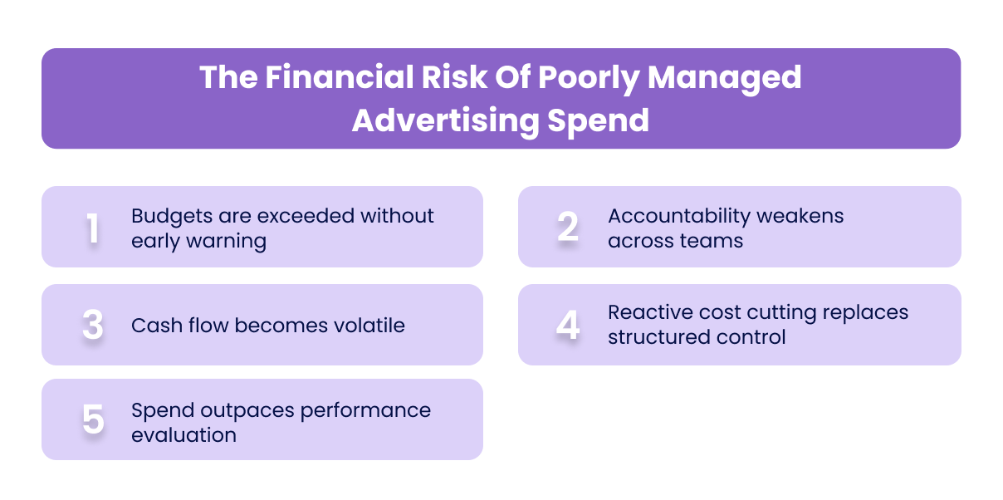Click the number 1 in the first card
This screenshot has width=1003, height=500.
click(x=93, y=228)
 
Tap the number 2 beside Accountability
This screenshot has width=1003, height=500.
click(x=568, y=228)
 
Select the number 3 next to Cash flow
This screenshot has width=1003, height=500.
click(x=93, y=326)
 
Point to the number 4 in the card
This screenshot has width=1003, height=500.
click(x=568, y=326)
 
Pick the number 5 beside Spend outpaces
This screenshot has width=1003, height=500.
click(x=93, y=420)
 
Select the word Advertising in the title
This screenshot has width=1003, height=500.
click(x=444, y=120)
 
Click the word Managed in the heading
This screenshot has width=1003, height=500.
click(x=725, y=78)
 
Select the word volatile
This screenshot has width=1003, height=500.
click(x=358, y=325)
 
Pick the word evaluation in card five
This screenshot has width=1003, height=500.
click(x=183, y=435)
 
